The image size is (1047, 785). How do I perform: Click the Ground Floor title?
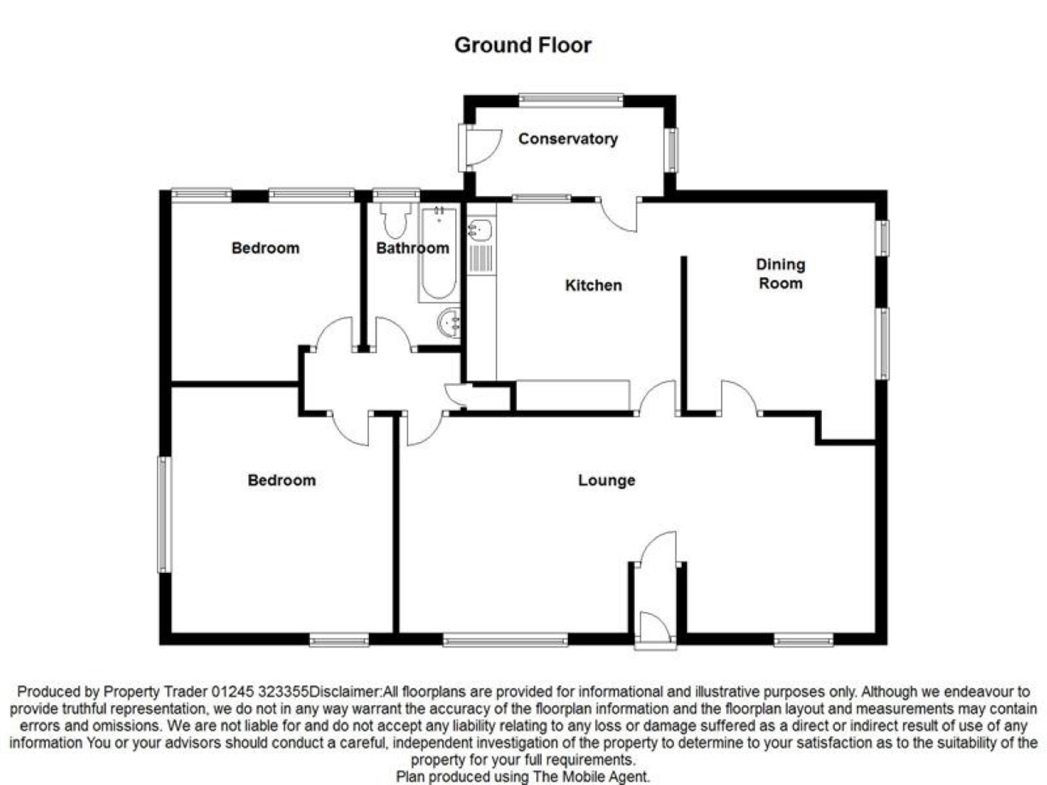[522, 45]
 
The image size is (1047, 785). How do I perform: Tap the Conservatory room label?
[568, 138]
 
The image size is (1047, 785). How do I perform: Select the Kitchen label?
[593, 285]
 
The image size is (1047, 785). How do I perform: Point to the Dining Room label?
[780, 273]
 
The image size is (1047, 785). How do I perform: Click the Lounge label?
[606, 480]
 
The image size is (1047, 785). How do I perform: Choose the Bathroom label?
[412, 248]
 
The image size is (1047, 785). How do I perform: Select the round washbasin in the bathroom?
[449, 324]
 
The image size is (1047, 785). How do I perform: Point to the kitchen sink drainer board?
[481, 258]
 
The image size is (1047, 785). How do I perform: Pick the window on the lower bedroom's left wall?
[164, 514]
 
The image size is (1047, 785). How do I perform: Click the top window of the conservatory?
[570, 100]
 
